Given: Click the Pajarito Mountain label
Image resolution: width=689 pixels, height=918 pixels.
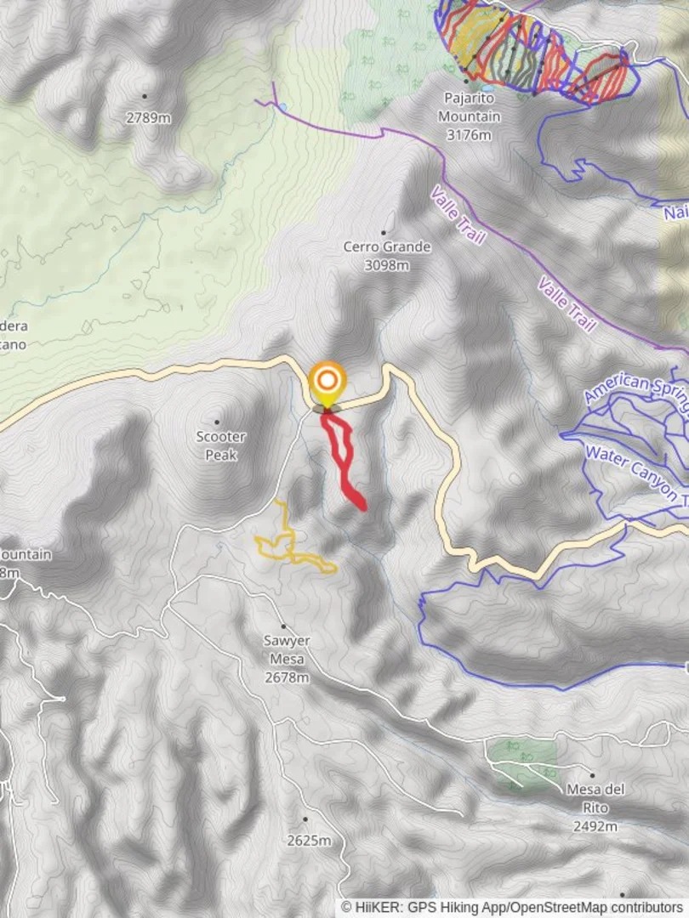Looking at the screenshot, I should point(470,108).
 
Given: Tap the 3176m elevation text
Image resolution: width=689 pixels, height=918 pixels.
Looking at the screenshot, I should point(470,134).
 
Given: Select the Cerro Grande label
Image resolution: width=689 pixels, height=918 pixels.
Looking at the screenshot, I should point(387,247).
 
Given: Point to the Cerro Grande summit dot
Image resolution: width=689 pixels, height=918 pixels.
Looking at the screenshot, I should point(384,232).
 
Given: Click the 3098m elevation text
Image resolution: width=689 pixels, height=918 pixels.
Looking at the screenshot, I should point(387,265).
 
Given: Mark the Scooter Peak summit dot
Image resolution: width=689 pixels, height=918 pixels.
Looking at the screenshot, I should point(216,422).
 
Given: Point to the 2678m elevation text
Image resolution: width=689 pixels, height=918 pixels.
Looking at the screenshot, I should point(286,677).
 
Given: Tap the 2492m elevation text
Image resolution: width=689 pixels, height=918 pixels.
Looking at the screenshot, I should point(595,825).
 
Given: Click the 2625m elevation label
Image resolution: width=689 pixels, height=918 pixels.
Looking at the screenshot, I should point(309,841).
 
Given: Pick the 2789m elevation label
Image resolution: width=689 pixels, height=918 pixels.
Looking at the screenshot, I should point(148,118).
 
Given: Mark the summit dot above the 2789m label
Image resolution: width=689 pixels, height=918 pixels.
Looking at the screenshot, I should point(144,96).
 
